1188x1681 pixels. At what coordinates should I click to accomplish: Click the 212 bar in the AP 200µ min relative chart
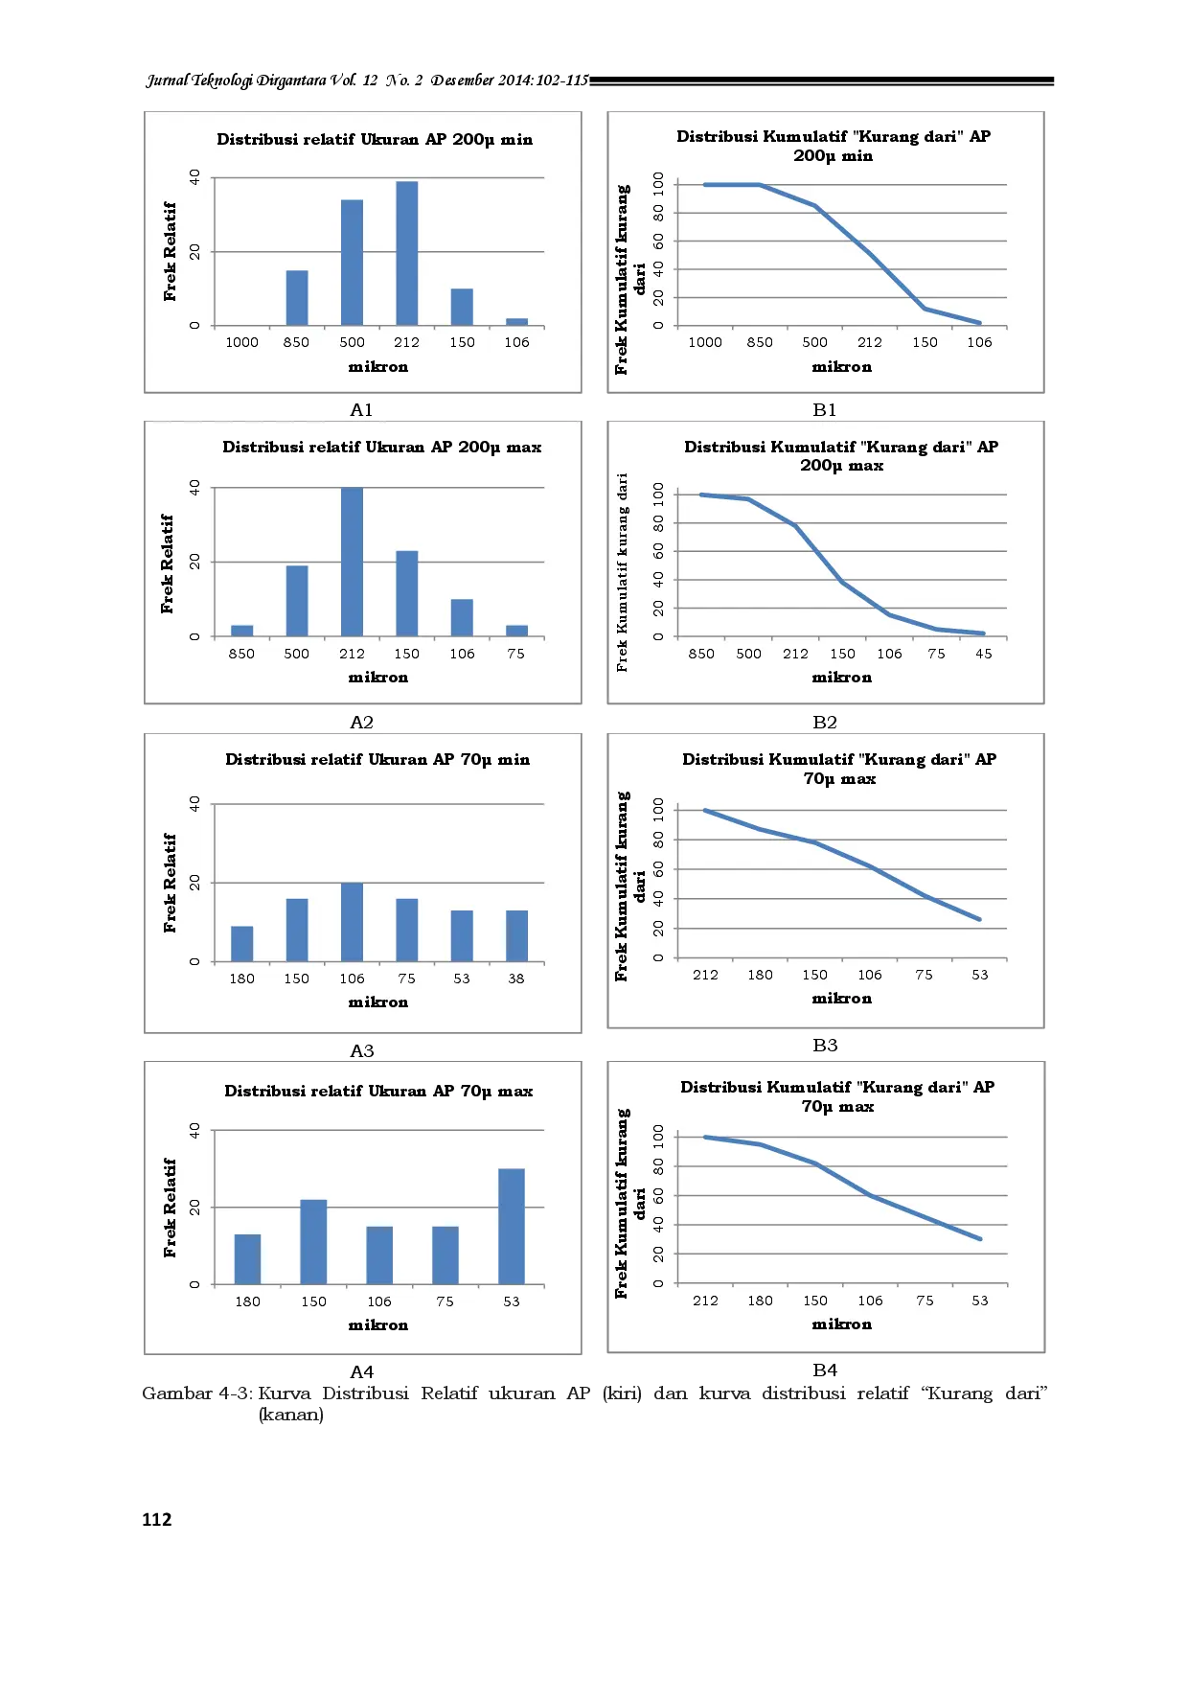click(x=406, y=254)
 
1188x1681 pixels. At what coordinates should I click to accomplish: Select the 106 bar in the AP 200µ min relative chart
click(x=516, y=322)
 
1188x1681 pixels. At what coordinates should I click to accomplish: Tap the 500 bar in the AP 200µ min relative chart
click(x=352, y=263)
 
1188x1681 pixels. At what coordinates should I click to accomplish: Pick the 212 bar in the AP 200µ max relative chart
click(x=352, y=563)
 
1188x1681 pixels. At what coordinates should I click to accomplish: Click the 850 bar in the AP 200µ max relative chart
click(x=241, y=631)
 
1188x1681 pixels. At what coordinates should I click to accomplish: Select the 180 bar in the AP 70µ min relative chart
click(x=241, y=944)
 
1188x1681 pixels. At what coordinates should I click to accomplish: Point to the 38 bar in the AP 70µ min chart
click(x=516, y=936)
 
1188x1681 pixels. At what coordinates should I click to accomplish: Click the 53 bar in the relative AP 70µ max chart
click(x=511, y=1227)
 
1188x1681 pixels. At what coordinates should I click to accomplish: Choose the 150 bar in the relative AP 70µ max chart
click(x=313, y=1242)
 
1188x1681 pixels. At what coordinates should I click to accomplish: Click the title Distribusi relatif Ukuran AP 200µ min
click(x=375, y=139)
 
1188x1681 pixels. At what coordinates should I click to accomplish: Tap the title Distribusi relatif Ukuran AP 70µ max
click(x=378, y=1091)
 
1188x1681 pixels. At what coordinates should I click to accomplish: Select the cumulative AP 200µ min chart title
click(x=834, y=146)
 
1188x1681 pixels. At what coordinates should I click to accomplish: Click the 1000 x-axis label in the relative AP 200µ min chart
click(x=241, y=342)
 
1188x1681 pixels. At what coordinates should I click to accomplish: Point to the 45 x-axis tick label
click(x=984, y=654)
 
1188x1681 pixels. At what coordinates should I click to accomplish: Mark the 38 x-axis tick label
click(x=516, y=979)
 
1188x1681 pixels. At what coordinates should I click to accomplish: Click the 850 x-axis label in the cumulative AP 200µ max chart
click(x=701, y=654)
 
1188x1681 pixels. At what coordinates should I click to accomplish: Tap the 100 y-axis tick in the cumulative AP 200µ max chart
click(x=658, y=495)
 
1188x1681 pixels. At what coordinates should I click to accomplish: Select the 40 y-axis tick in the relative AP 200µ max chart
click(x=194, y=488)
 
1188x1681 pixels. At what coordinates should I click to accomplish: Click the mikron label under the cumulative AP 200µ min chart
click(x=841, y=366)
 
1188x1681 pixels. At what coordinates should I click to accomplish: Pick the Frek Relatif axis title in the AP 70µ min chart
click(x=171, y=883)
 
